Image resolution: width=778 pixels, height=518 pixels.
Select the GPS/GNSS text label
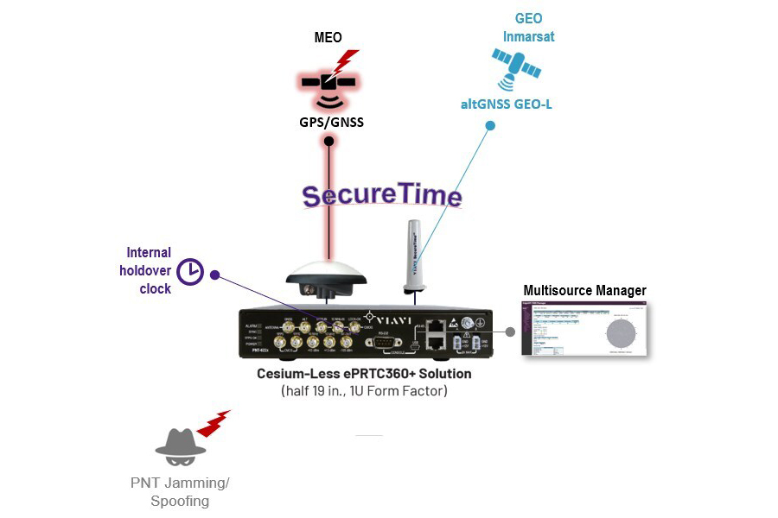tap(331, 122)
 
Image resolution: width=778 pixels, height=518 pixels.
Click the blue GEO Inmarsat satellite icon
tap(517, 68)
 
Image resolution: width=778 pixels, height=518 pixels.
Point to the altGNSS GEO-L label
tap(506, 104)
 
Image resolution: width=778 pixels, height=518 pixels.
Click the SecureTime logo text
tap(382, 195)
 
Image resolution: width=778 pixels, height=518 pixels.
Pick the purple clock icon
tap(190, 272)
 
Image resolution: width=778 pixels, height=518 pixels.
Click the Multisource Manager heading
tap(584, 290)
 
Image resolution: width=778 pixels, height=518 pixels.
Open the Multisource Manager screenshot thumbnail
tap(584, 329)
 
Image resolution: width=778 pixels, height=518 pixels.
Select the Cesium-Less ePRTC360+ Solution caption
tap(364, 374)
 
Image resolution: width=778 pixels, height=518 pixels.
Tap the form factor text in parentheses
tap(364, 390)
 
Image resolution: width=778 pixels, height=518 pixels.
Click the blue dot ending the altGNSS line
tap(490, 126)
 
